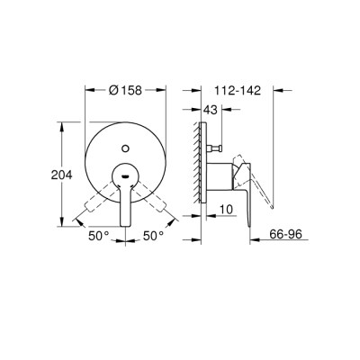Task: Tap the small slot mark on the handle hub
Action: pos(126,168)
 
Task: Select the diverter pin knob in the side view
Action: pos(217,147)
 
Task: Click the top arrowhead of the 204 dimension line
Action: pos(61,127)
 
